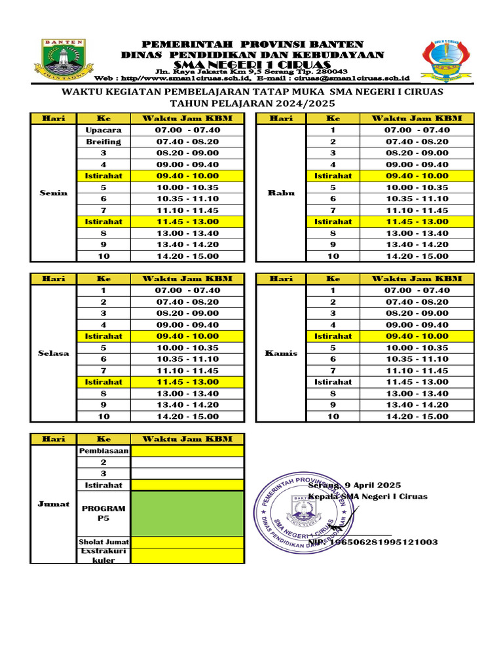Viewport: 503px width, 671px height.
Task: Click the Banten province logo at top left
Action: [64, 58]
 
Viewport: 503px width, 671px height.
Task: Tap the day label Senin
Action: [53, 193]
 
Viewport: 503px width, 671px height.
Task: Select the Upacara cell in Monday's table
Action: [103, 130]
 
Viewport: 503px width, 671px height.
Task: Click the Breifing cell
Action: [103, 142]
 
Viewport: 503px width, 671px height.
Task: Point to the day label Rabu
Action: [281, 193]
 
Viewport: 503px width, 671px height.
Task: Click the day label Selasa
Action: [53, 353]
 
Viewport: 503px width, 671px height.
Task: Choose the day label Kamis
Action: [281, 353]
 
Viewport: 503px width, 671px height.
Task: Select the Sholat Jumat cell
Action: [103, 543]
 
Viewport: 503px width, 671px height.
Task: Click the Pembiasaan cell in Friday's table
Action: [103, 451]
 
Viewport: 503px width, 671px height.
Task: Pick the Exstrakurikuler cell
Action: [103, 556]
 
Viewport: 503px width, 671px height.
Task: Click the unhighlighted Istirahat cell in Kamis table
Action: [333, 381]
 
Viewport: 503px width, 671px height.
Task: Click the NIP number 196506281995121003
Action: [382, 542]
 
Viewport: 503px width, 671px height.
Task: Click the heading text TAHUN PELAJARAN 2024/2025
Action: [252, 104]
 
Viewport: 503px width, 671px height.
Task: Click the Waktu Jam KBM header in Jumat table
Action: [187, 438]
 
